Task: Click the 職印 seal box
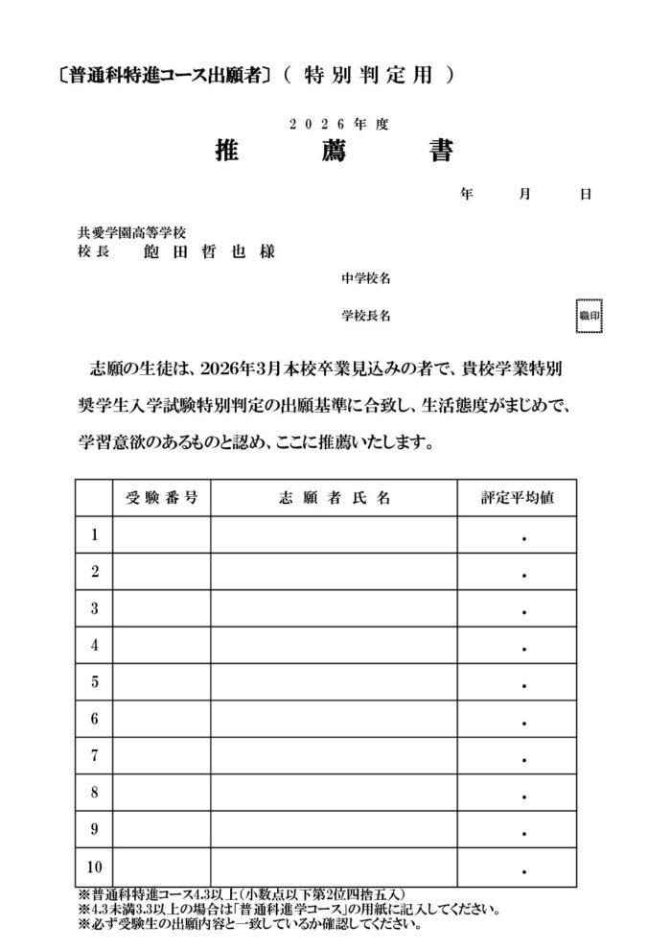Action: [589, 315]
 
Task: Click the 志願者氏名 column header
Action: [334, 498]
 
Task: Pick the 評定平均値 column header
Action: [516, 498]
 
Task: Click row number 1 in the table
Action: [95, 535]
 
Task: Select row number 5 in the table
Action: [95, 682]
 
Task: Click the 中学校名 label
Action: [365, 278]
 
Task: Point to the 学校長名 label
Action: [365, 315]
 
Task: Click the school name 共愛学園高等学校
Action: [131, 233]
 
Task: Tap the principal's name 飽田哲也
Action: [208, 252]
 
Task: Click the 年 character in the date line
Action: [466, 194]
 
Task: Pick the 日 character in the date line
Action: [585, 194]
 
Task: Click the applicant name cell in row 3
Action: [334, 608]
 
